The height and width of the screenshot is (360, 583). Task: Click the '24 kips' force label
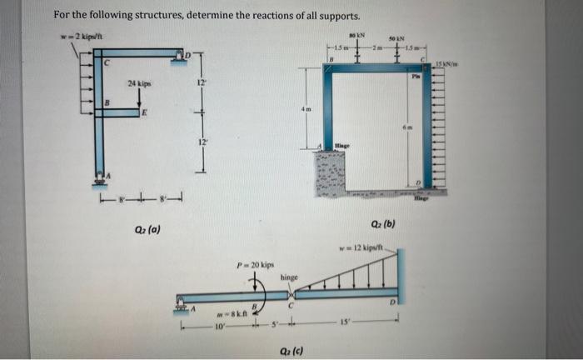[x=139, y=83]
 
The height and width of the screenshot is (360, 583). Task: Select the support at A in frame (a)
[x=102, y=177]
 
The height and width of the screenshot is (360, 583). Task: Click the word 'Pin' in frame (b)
[x=416, y=75]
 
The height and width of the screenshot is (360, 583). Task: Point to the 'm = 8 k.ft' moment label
[x=227, y=314]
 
